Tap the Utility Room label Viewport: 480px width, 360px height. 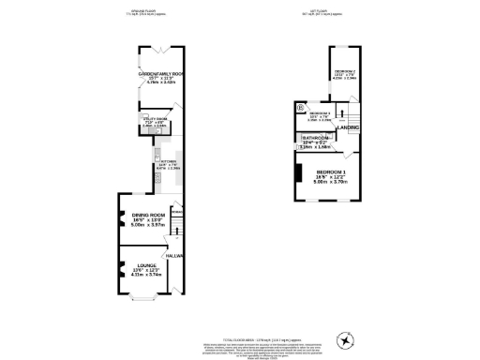(155, 119)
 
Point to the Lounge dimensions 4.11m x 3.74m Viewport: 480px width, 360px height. (143, 276)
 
